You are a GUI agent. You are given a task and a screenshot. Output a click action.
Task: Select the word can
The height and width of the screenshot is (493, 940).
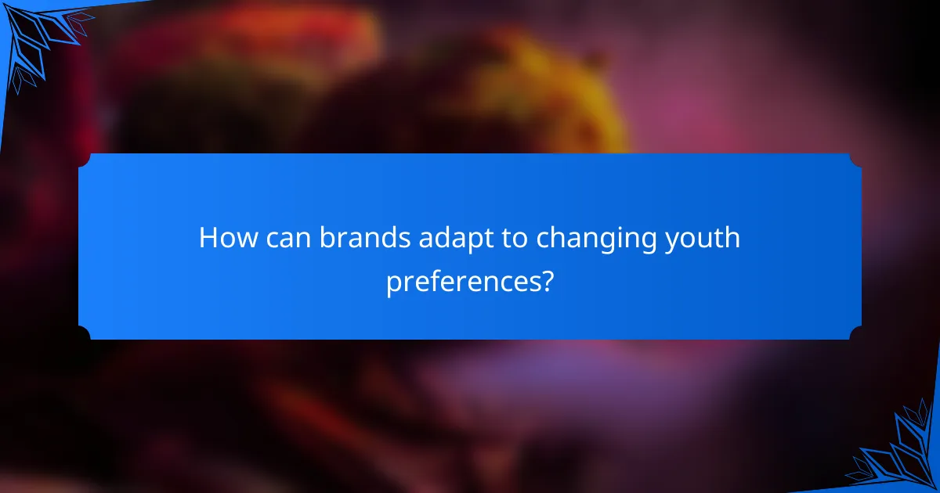click(x=290, y=238)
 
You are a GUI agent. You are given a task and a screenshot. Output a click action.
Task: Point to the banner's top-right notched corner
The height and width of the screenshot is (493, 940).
click(x=855, y=160)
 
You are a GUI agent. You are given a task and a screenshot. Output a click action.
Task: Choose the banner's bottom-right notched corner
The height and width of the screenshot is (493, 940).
click(x=855, y=333)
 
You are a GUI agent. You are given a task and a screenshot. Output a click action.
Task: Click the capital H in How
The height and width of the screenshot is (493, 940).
click(x=208, y=238)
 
